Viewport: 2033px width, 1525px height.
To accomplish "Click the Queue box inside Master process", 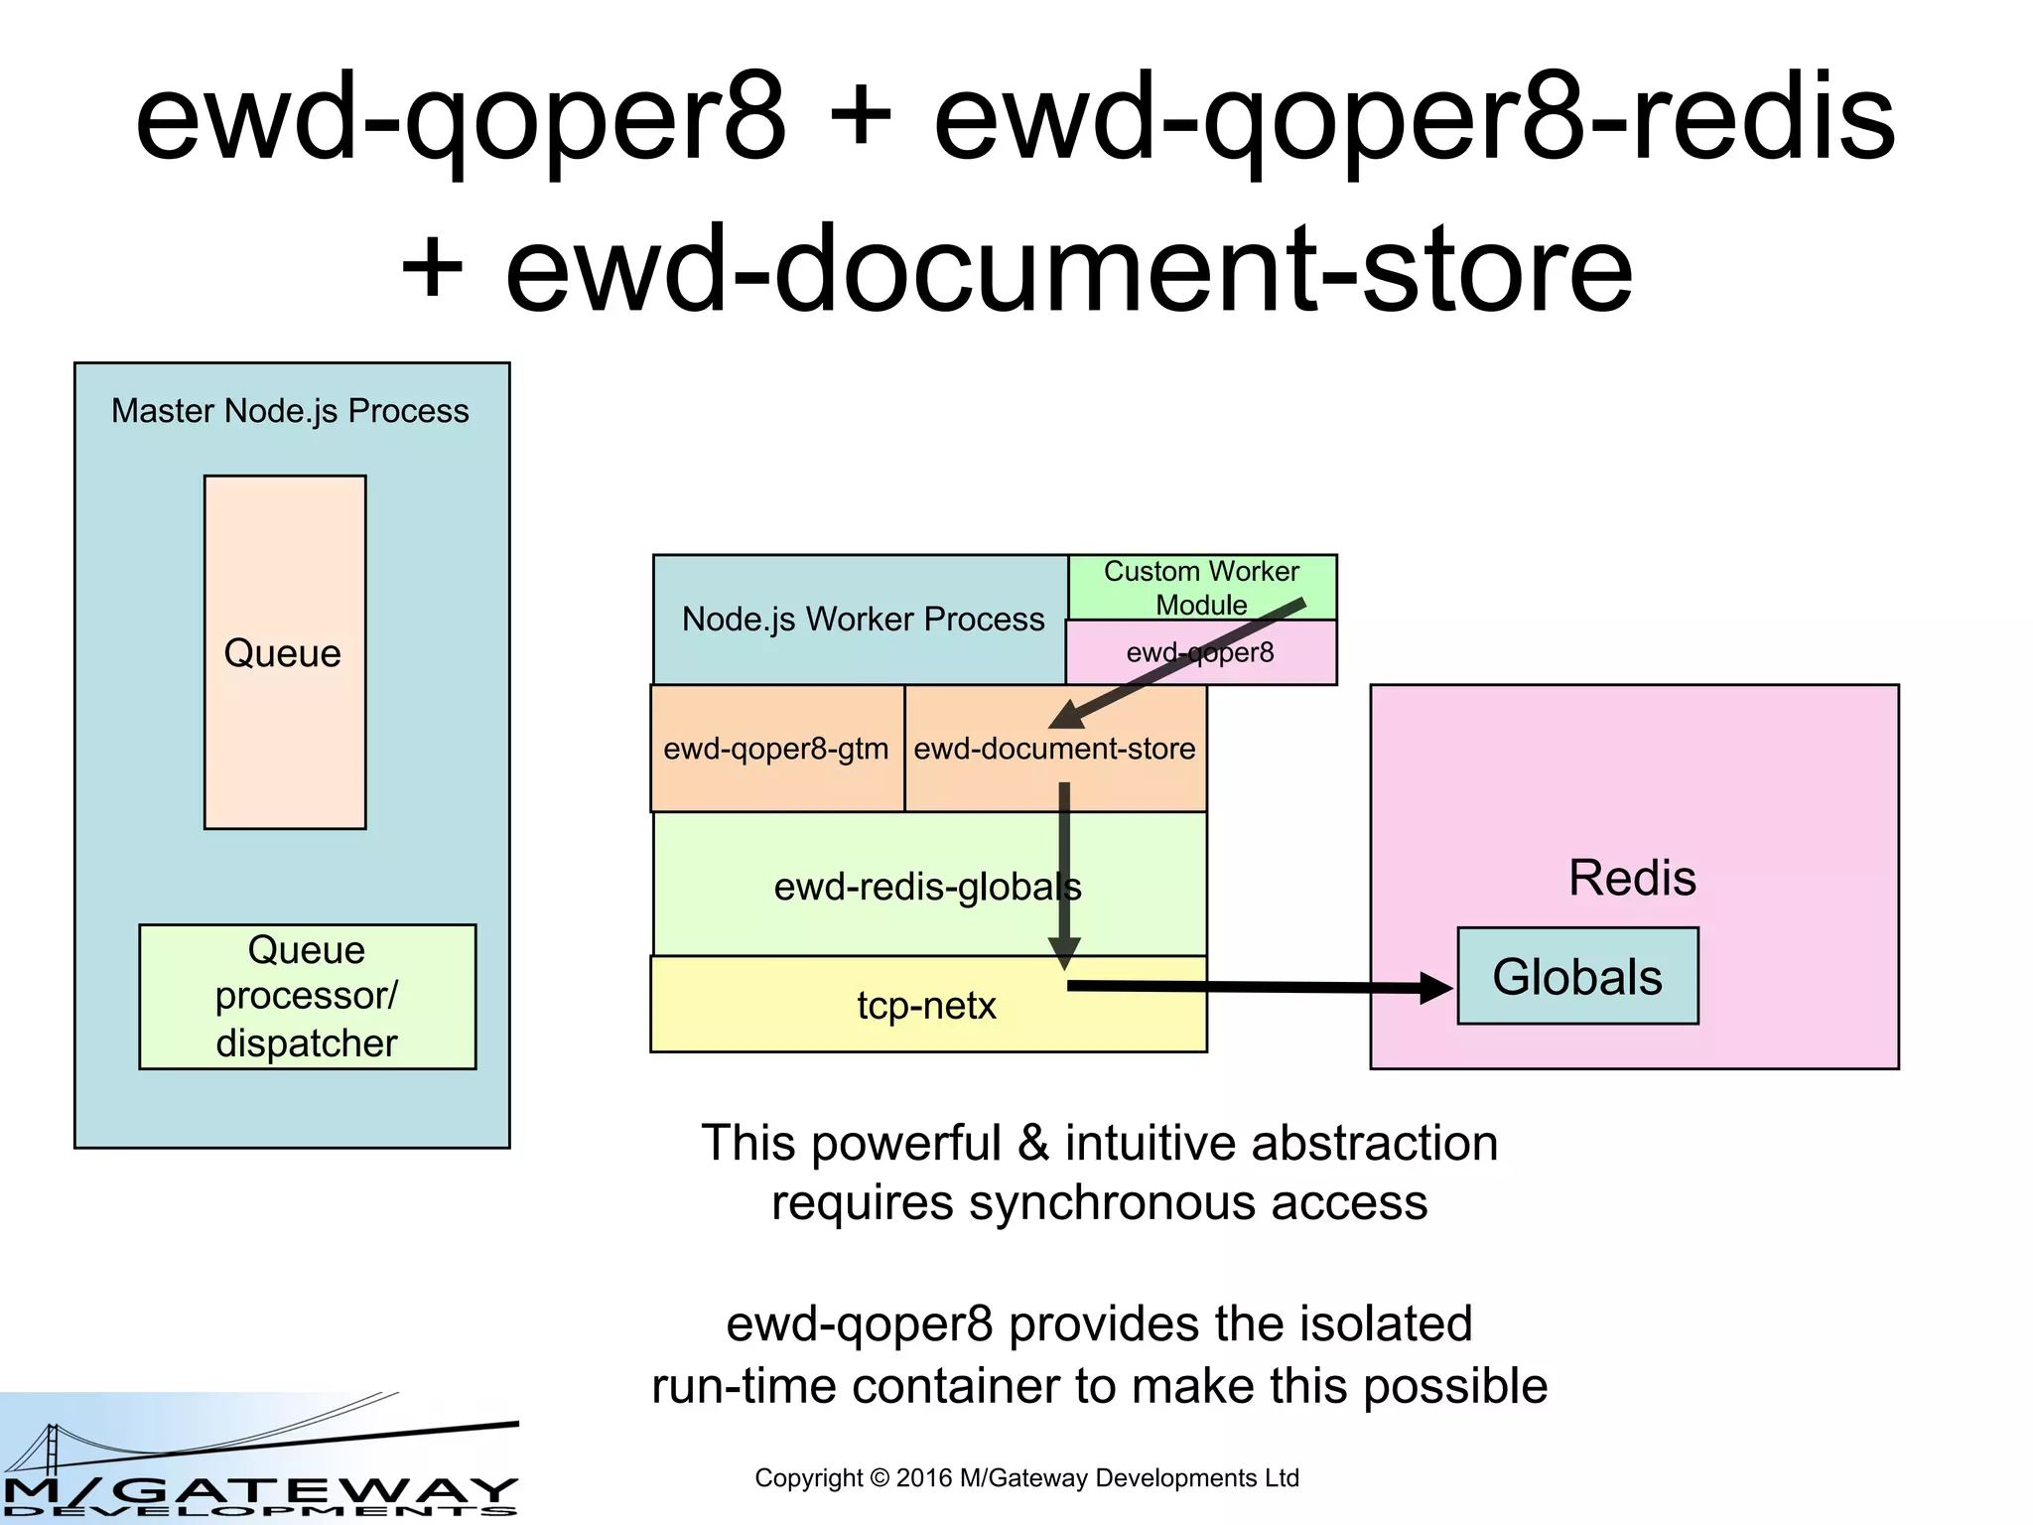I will pyautogui.click(x=284, y=652).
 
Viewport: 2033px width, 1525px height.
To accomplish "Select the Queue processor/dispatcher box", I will pyautogui.click(x=307, y=996).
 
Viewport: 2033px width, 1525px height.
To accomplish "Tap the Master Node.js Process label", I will pyautogui.click(x=290, y=411).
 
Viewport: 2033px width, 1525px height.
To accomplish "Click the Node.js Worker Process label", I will pyautogui.click(x=862, y=620).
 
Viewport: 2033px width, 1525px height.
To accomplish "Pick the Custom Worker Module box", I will pyautogui.click(x=1201, y=586).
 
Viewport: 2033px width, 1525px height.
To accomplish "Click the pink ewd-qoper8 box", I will pyautogui.click(x=1200, y=652).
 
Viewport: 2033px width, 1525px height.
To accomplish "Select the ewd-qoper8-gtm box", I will pyautogui.click(x=776, y=749).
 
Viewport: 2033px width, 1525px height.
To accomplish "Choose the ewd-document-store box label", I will pyautogui.click(x=1054, y=749).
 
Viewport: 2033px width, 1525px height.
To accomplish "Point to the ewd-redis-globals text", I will pyautogui.click(x=927, y=887).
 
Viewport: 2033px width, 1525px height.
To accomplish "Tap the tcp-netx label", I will pyautogui.click(x=926, y=1006).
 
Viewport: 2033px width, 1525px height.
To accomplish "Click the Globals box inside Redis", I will pyautogui.click(x=1576, y=976).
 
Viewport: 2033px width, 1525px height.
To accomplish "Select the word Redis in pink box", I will pyautogui.click(x=1632, y=878).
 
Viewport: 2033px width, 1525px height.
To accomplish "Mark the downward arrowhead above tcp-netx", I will pyautogui.click(x=1064, y=954).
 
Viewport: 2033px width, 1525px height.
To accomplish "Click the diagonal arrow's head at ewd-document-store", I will pyautogui.click(x=1065, y=716).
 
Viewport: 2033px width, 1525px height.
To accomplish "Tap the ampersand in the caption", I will pyautogui.click(x=1033, y=1143).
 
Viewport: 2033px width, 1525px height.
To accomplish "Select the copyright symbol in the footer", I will pyautogui.click(x=879, y=1478).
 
